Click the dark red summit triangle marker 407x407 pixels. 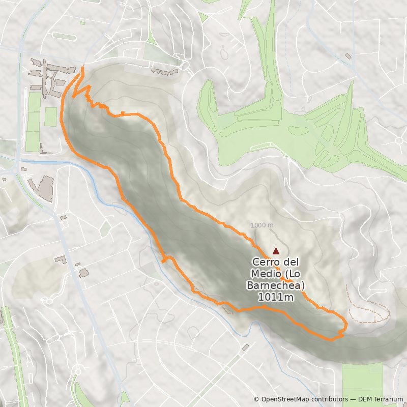pyautogui.click(x=276, y=251)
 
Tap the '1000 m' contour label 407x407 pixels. pyautogui.click(x=262, y=225)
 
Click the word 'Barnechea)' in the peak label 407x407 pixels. pyautogui.click(x=276, y=285)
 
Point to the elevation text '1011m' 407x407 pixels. pyautogui.click(x=276, y=297)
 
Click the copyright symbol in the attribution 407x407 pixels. pyautogui.click(x=257, y=399)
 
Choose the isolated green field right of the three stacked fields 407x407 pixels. pyautogui.click(x=50, y=117)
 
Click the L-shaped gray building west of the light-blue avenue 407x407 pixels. pyautogui.click(x=61, y=259)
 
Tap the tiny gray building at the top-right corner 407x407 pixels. pyautogui.click(x=348, y=55)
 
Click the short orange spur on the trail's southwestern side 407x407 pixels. pyautogui.click(x=165, y=260)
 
